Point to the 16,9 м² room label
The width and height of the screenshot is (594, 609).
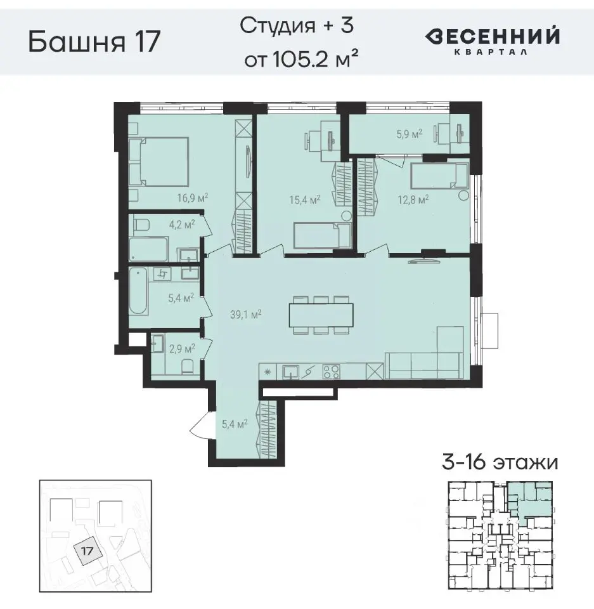point(193,197)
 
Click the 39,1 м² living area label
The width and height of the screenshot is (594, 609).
point(246,313)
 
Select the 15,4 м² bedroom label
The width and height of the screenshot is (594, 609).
point(304,199)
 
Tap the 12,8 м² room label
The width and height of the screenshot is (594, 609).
point(414,199)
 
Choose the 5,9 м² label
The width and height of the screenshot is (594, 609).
point(409,134)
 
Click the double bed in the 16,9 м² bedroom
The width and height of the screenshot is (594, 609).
point(160,161)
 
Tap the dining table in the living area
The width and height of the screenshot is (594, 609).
point(321,313)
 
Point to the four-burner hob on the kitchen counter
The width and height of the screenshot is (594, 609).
point(331,372)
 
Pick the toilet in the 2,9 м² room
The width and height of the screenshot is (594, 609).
point(186,367)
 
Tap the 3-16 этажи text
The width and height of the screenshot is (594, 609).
point(500,462)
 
